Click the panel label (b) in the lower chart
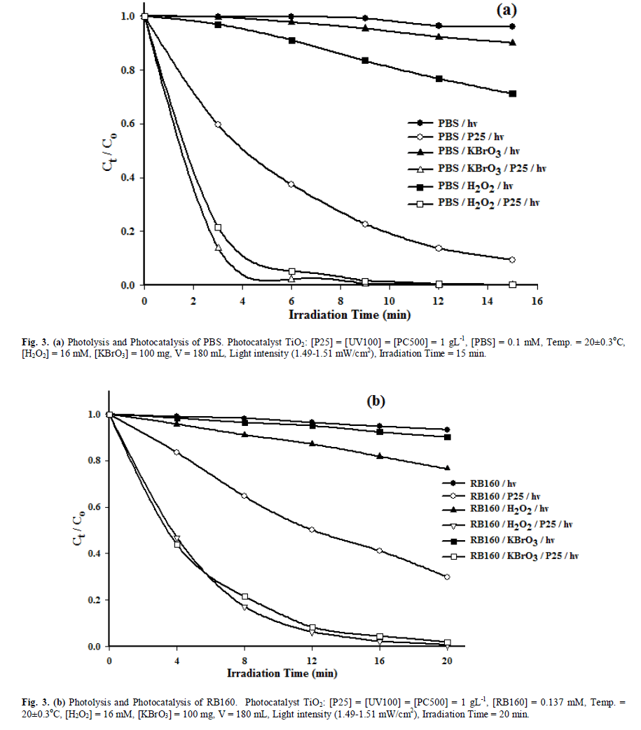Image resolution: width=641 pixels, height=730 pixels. click(x=376, y=401)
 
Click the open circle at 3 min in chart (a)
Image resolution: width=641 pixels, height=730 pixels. click(x=218, y=125)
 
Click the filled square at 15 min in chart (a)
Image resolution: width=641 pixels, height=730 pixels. click(x=513, y=94)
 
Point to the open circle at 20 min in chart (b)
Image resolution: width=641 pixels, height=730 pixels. click(x=447, y=577)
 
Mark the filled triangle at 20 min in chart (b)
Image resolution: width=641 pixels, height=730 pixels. click(x=447, y=468)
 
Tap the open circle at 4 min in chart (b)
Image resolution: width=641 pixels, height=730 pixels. click(x=177, y=453)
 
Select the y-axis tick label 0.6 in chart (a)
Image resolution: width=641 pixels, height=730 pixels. click(x=127, y=124)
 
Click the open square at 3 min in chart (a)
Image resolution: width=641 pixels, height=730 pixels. click(x=218, y=228)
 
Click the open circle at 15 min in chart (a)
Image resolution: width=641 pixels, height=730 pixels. click(x=513, y=260)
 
